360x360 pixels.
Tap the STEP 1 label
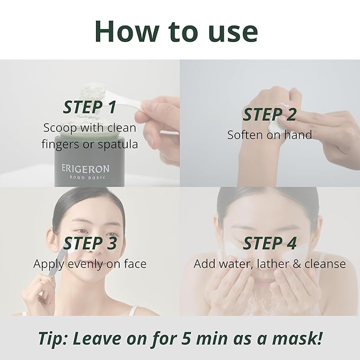89,107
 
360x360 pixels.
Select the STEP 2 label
269,115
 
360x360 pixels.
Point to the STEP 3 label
89,243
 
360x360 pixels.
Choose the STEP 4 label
269,243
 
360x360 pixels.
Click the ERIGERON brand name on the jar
85,169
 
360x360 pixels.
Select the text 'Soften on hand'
269,135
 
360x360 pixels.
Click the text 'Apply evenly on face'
90,264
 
